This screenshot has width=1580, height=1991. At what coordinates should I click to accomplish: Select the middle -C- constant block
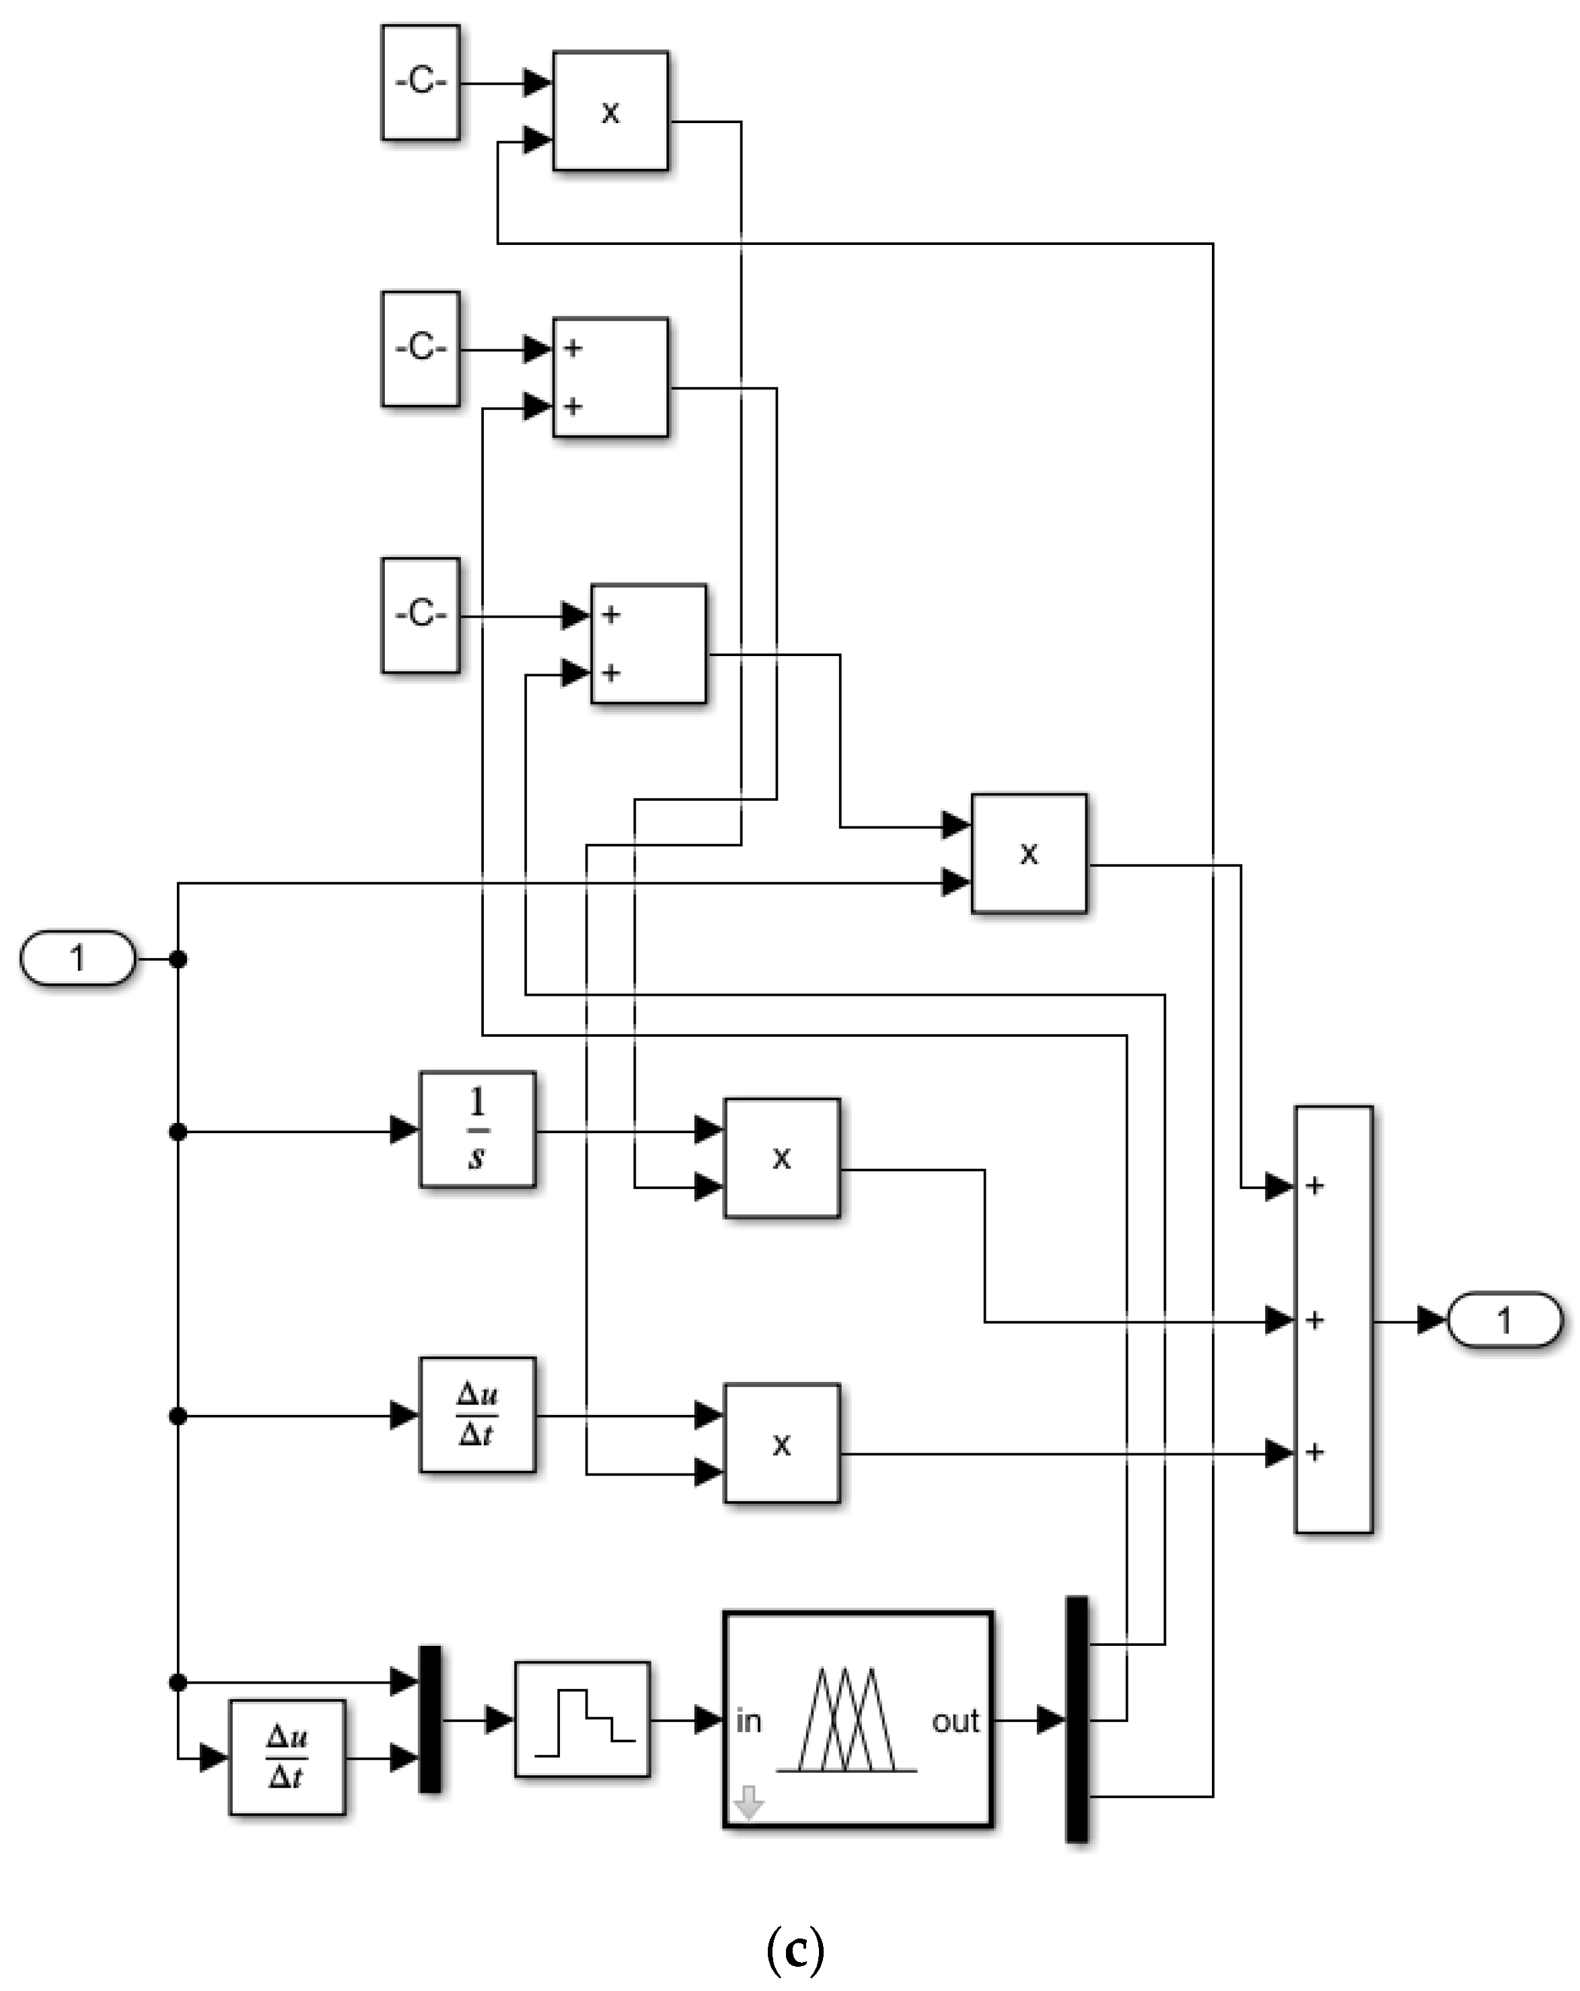click(x=420, y=349)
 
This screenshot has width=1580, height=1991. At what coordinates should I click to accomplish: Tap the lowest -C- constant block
click(x=420, y=615)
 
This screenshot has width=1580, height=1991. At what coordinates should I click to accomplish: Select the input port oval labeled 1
click(x=77, y=957)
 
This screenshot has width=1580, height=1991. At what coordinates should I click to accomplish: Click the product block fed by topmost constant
click(x=610, y=111)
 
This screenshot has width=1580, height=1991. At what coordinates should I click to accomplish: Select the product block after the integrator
click(x=781, y=1158)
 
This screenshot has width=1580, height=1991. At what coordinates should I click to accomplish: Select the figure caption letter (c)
click(x=795, y=1949)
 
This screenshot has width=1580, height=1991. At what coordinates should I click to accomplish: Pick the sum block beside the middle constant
click(x=610, y=377)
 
